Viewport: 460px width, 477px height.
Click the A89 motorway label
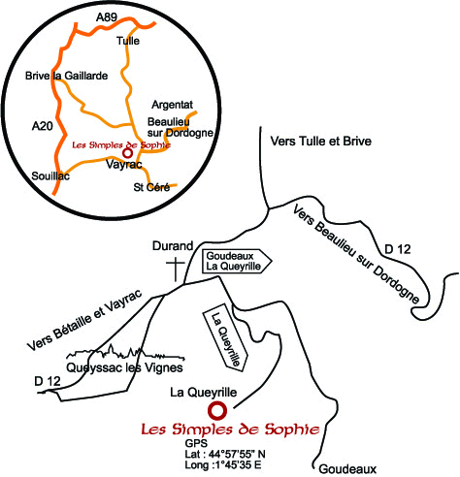pos(107,17)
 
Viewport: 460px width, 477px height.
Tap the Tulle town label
pos(128,41)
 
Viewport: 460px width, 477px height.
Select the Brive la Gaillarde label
pos(67,76)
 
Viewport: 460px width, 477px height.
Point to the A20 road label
pos(43,126)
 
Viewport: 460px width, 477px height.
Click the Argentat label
pos(173,105)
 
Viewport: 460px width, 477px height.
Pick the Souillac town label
pos(50,176)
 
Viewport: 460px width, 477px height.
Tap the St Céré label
pos(151,187)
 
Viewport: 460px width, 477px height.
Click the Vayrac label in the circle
pos(124,165)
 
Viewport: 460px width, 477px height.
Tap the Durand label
pos(173,246)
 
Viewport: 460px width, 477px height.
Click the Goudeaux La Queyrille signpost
pos(237,261)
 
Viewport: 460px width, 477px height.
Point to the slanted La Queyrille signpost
pos(225,337)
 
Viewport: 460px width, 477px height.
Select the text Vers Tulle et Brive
pos(321,142)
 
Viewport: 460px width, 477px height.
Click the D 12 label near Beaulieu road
pos(398,249)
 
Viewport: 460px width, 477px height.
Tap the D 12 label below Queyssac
pos(48,381)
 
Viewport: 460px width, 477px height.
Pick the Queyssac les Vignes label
pos(124,367)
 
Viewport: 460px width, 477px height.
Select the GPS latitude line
pos(225,454)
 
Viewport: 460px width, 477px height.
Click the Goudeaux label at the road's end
pos(347,469)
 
